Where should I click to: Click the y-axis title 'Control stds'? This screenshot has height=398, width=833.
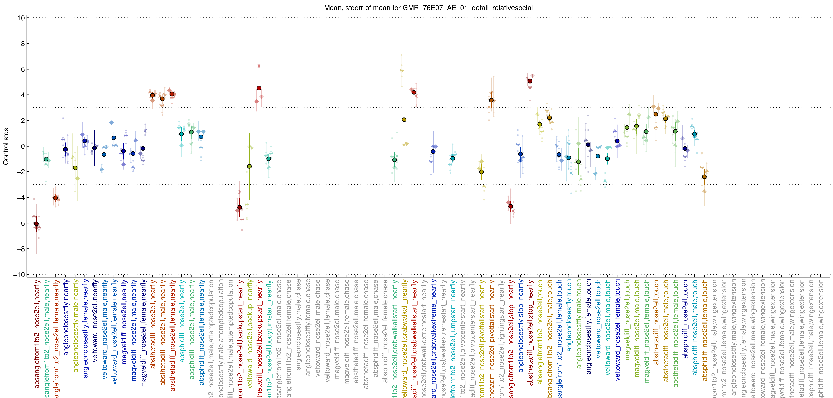coord(6,146)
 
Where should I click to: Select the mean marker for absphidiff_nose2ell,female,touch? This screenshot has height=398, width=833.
coord(704,177)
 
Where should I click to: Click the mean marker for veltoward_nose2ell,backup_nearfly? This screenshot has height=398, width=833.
coord(249,166)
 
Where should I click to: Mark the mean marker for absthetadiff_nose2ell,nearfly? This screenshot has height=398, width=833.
coord(152,95)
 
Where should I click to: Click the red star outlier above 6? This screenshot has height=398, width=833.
coord(259,66)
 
